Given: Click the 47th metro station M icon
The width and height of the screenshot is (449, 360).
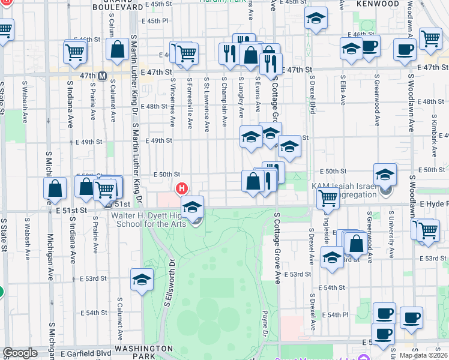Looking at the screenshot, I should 102,76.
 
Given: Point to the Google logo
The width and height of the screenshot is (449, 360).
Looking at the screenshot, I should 20,353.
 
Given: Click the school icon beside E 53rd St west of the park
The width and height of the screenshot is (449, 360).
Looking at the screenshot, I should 142,279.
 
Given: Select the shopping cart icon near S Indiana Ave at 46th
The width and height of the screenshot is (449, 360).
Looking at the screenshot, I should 74,51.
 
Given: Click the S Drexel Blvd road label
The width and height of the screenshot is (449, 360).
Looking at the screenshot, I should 313,94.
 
